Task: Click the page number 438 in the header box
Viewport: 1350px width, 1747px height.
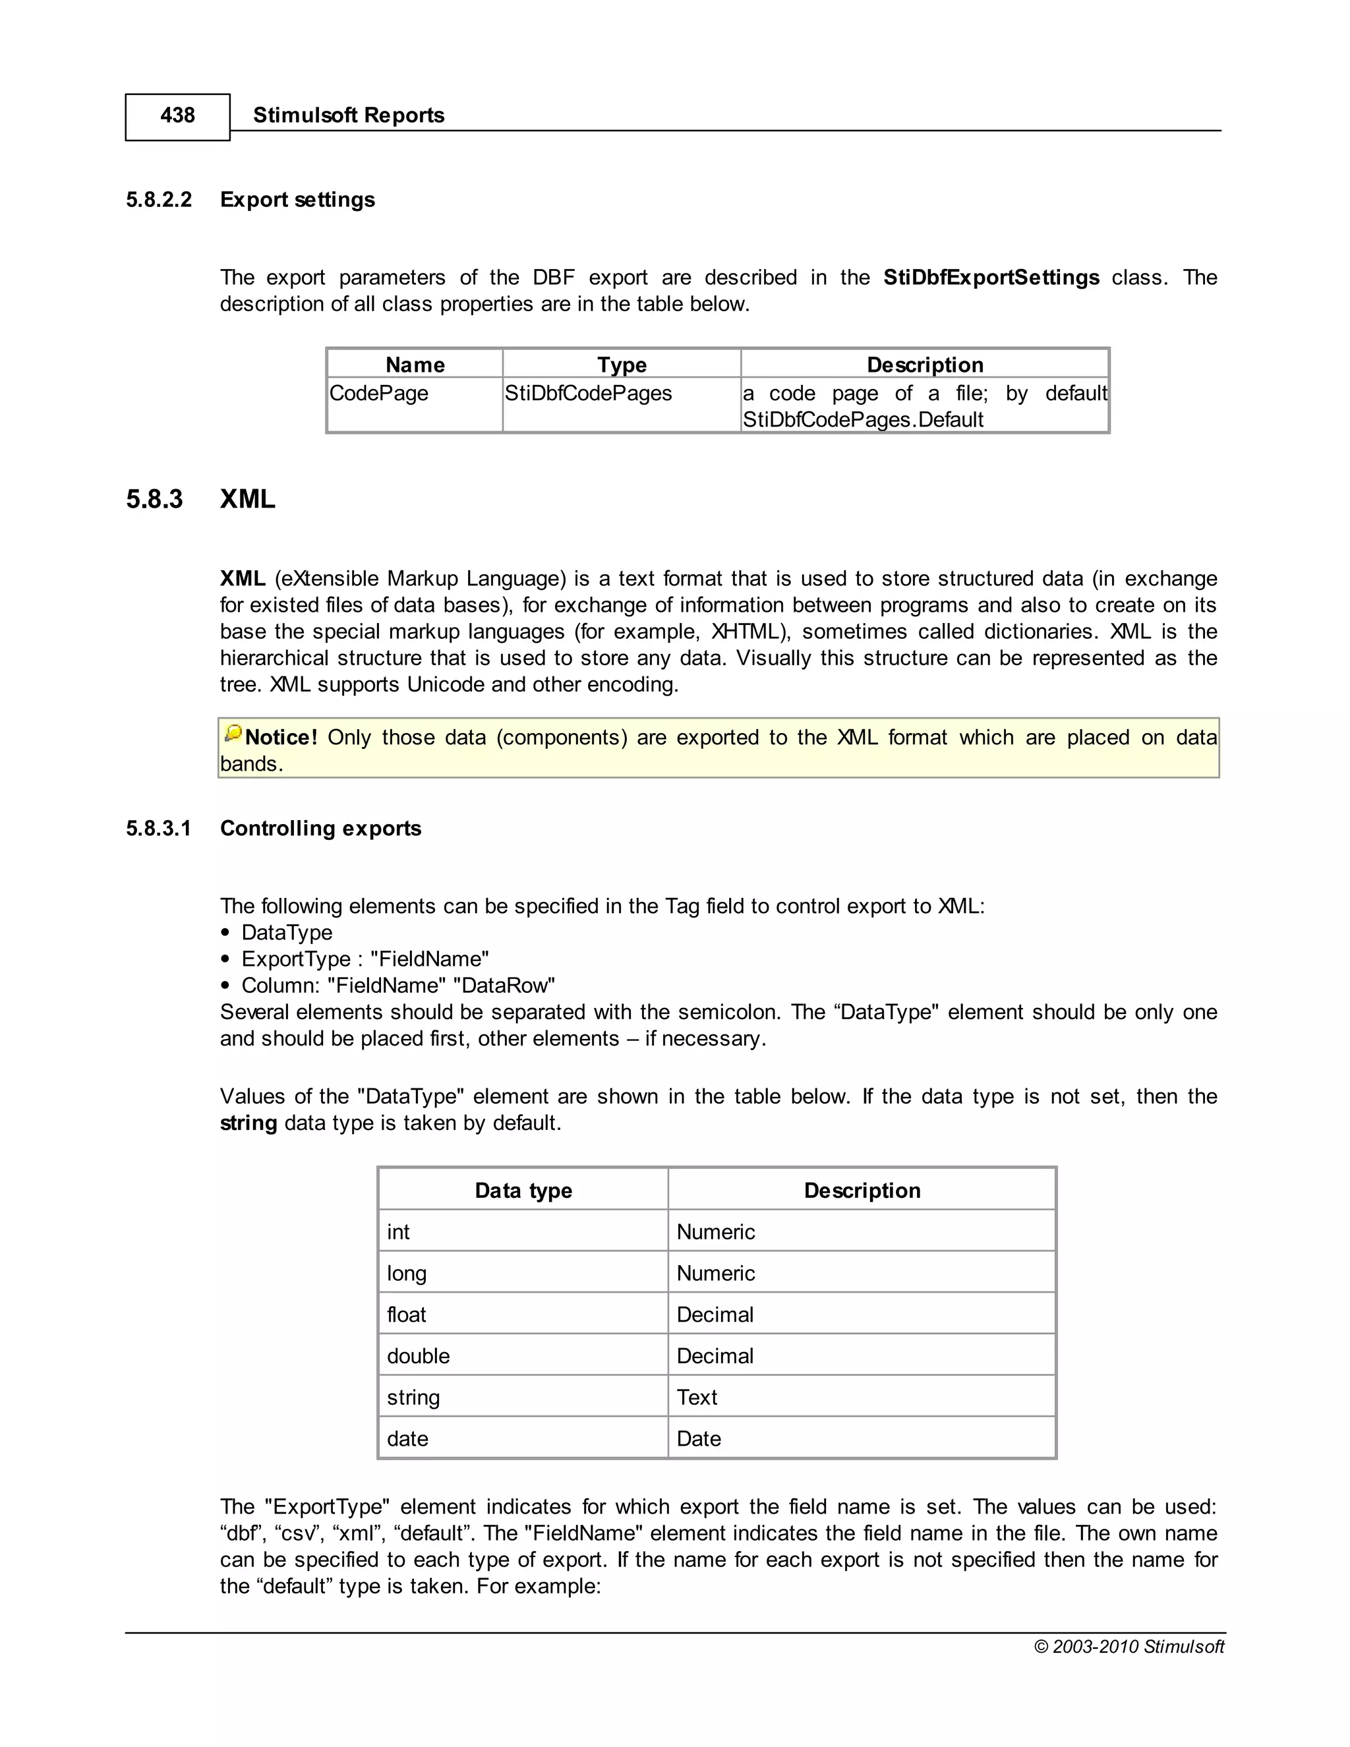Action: [177, 115]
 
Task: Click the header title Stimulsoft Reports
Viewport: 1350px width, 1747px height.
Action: [348, 115]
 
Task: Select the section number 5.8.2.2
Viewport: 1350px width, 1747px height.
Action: [158, 199]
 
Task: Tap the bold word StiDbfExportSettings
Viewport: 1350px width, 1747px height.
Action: [990, 278]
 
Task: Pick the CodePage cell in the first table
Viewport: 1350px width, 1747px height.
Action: [379, 394]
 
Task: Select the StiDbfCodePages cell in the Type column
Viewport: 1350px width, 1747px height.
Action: [588, 394]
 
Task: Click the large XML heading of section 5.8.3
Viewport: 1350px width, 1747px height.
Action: [247, 499]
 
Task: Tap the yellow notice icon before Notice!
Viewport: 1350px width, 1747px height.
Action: [233, 732]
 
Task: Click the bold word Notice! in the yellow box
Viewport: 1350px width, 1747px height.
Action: [281, 738]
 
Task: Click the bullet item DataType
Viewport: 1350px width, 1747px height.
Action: [286, 933]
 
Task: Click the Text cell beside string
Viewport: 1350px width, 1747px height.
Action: [697, 1398]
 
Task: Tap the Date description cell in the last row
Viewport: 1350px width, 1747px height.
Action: [698, 1439]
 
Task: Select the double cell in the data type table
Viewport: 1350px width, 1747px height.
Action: [419, 1356]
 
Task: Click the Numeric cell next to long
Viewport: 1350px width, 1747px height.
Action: [715, 1274]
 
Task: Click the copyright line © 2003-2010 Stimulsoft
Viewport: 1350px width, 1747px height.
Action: [1129, 1646]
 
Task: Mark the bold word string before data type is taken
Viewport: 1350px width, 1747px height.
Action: [248, 1123]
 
